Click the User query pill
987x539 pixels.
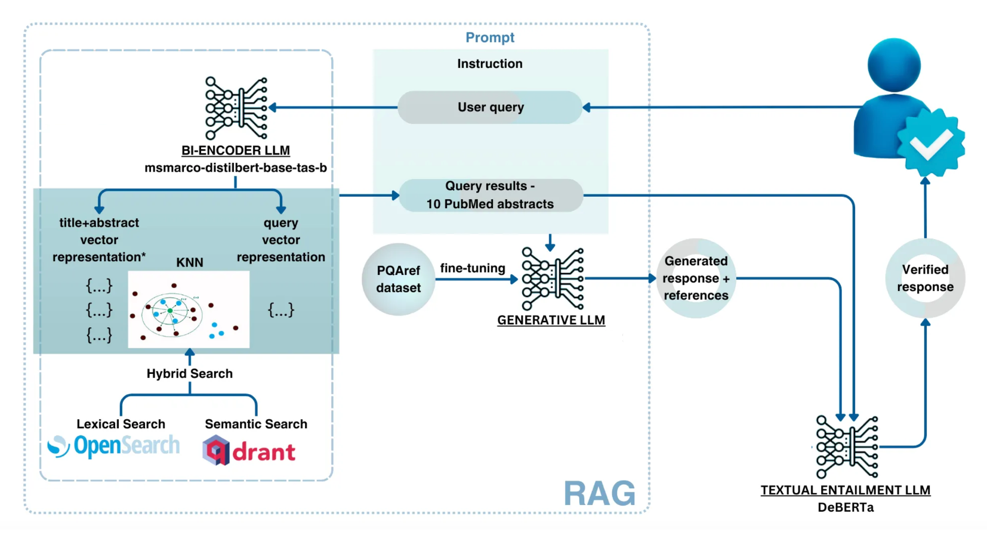(x=489, y=107)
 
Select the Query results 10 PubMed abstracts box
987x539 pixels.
(x=490, y=195)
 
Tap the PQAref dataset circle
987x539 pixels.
(x=398, y=279)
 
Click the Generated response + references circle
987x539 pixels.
(x=696, y=278)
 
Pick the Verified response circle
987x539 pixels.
(x=925, y=278)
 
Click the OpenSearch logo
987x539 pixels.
(x=113, y=446)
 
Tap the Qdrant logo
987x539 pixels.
(x=249, y=451)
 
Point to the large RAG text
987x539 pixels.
(x=599, y=494)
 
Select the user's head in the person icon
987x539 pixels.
(x=893, y=64)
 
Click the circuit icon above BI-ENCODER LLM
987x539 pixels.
(x=236, y=108)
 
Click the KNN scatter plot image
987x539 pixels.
(x=189, y=309)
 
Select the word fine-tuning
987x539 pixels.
(x=473, y=268)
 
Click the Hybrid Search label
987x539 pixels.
(x=190, y=374)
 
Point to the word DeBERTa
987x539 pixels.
(x=845, y=507)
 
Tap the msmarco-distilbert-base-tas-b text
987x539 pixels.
(x=236, y=168)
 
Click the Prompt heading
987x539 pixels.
(x=489, y=38)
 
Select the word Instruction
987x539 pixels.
(x=489, y=64)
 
